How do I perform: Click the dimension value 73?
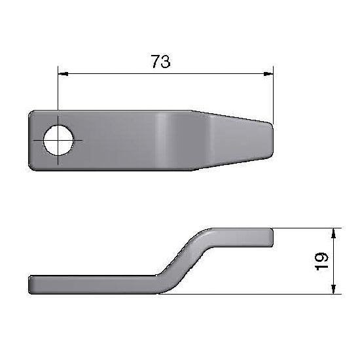point(160,62)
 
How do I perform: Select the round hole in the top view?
point(58,141)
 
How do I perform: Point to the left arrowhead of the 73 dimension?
point(62,75)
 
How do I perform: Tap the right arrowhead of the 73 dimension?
point(268,75)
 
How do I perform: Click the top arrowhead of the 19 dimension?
point(334,233)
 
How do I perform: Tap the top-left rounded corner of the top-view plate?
point(33,115)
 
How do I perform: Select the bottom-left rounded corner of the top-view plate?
point(33,167)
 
